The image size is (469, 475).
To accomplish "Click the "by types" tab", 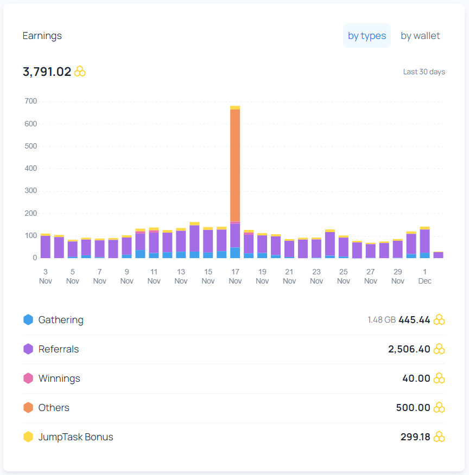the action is [367, 36].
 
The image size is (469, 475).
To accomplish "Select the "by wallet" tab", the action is [420, 36].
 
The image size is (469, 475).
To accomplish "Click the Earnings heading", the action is [42, 36].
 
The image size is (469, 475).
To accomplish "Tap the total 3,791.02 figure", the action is [47, 72].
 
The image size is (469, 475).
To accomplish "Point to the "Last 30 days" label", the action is [424, 72].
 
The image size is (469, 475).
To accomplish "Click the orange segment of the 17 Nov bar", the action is [235, 165].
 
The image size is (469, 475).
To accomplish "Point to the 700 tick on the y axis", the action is [30, 101].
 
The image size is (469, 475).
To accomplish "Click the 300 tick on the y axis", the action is [30, 190].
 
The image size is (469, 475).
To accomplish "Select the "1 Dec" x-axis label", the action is [424, 277].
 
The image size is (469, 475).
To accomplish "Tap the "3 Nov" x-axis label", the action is [46, 277].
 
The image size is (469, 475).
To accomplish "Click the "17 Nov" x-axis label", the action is [235, 277].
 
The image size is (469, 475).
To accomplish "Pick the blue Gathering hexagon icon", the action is [28, 319].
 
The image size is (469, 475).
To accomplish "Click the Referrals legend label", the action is [59, 349].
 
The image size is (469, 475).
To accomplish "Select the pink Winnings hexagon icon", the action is [28, 378].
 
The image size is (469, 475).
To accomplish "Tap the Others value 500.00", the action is [413, 407].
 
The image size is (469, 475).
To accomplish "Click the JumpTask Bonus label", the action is [76, 437].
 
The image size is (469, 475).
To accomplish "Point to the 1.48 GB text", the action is [382, 320].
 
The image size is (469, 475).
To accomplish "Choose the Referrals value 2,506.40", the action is [409, 349].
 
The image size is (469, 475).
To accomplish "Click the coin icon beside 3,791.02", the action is [80, 72].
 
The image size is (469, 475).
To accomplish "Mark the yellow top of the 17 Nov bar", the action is [235, 107].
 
